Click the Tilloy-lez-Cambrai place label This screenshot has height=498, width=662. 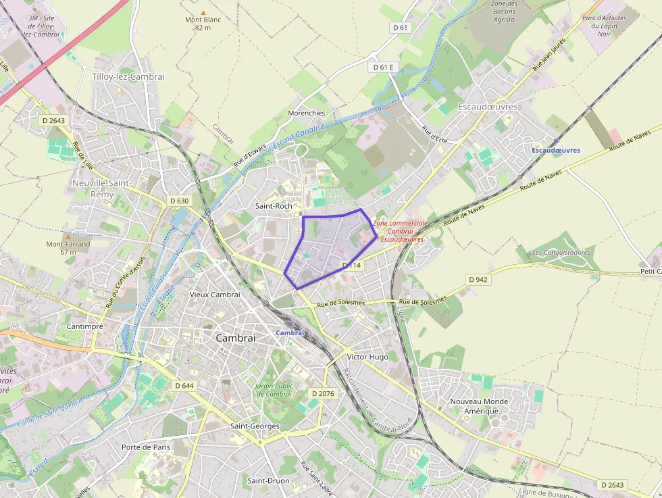pyautogui.click(x=128, y=77)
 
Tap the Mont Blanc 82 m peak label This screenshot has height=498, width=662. pyautogui.click(x=203, y=24)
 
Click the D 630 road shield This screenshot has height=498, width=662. pyautogui.click(x=179, y=201)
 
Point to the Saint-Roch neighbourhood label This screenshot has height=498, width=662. pyautogui.click(x=273, y=205)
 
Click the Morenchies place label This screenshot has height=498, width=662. pyautogui.click(x=307, y=113)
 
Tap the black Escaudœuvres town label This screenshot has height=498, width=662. pyautogui.click(x=488, y=107)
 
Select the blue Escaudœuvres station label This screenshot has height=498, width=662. pyautogui.click(x=556, y=150)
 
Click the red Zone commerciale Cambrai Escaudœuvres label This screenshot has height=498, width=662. pyautogui.click(x=401, y=231)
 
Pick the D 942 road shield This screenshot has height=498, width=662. pyautogui.click(x=478, y=279)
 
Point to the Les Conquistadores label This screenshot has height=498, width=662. pyautogui.click(x=561, y=253)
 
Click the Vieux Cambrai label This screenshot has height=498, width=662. pyautogui.click(x=215, y=295)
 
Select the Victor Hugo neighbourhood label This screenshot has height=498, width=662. pyautogui.click(x=367, y=356)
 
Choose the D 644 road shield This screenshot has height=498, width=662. pyautogui.click(x=184, y=385)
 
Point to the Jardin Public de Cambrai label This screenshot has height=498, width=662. pyautogui.click(x=274, y=390)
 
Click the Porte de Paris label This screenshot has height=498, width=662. pyautogui.click(x=146, y=447)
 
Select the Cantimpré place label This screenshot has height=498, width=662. pyautogui.click(x=84, y=326)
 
